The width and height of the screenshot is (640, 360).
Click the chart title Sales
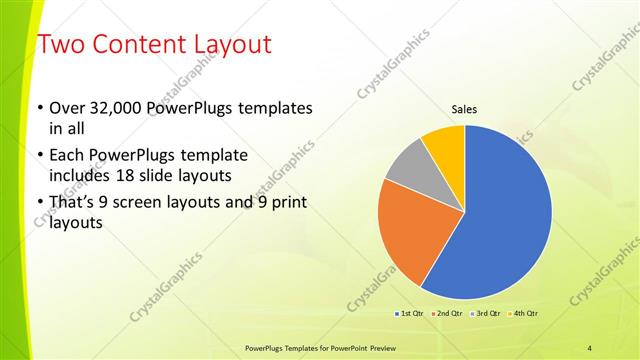[464, 109]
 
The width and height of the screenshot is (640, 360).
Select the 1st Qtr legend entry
[409, 314]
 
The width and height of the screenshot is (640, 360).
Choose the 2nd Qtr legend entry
[447, 314]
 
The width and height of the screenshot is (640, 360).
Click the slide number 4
[590, 347]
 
